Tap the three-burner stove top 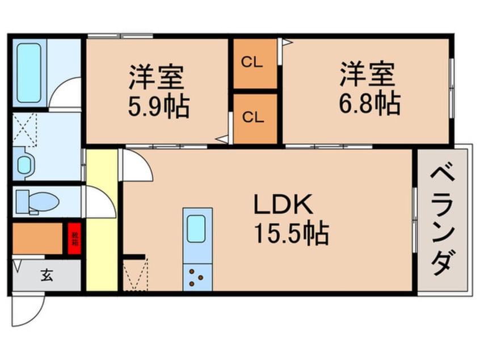[x=197, y=277]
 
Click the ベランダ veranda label [x=444, y=219]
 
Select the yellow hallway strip [x=102, y=221]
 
